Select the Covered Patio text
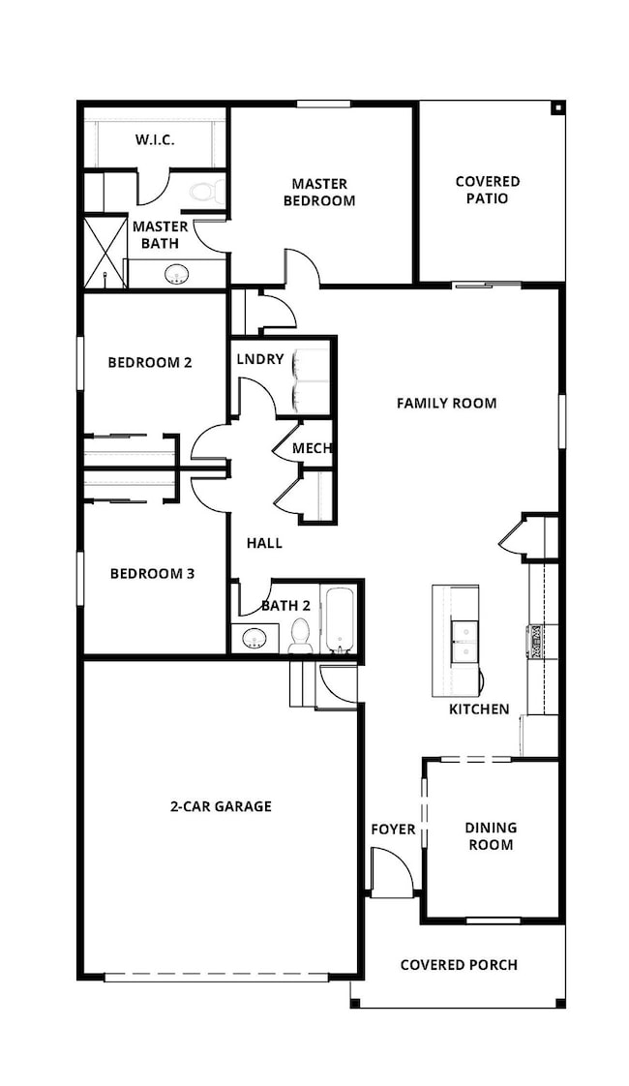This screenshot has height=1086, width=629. click(488, 190)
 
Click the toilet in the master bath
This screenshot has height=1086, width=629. click(206, 190)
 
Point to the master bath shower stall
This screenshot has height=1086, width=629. click(105, 252)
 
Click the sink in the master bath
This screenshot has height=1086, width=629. click(176, 275)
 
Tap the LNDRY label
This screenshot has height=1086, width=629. click(260, 359)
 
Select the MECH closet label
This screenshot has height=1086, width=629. click(313, 448)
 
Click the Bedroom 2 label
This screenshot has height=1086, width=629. click(150, 363)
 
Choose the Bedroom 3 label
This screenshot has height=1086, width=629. click(152, 573)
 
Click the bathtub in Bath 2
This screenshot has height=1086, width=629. click(340, 619)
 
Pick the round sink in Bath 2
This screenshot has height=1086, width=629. click(255, 639)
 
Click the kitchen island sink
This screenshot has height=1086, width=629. click(465, 641)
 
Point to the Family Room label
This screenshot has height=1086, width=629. click(446, 403)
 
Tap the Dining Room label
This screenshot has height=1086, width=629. click(491, 836)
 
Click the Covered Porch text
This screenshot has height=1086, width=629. click(458, 964)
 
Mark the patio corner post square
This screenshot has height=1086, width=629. click(557, 107)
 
